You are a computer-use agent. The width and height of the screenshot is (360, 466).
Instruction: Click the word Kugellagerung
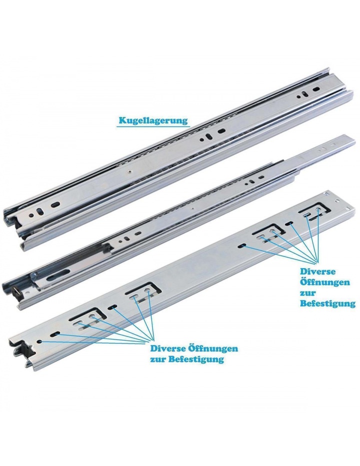(153, 120)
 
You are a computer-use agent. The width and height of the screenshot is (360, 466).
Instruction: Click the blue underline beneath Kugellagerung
(152, 127)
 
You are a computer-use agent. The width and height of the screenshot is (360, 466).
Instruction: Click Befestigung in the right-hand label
(327, 304)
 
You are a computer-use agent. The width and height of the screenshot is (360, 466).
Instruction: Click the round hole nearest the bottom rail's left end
(39, 342)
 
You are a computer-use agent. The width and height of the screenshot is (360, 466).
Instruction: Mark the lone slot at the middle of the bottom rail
(242, 245)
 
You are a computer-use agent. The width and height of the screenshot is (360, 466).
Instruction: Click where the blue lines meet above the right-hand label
(316, 262)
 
